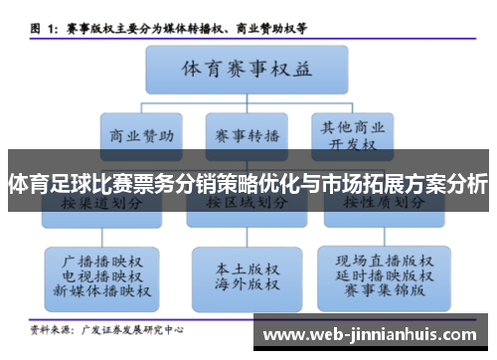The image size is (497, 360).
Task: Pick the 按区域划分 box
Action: coord(248,203)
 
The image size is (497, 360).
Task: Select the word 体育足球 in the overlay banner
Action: coord(46,183)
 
